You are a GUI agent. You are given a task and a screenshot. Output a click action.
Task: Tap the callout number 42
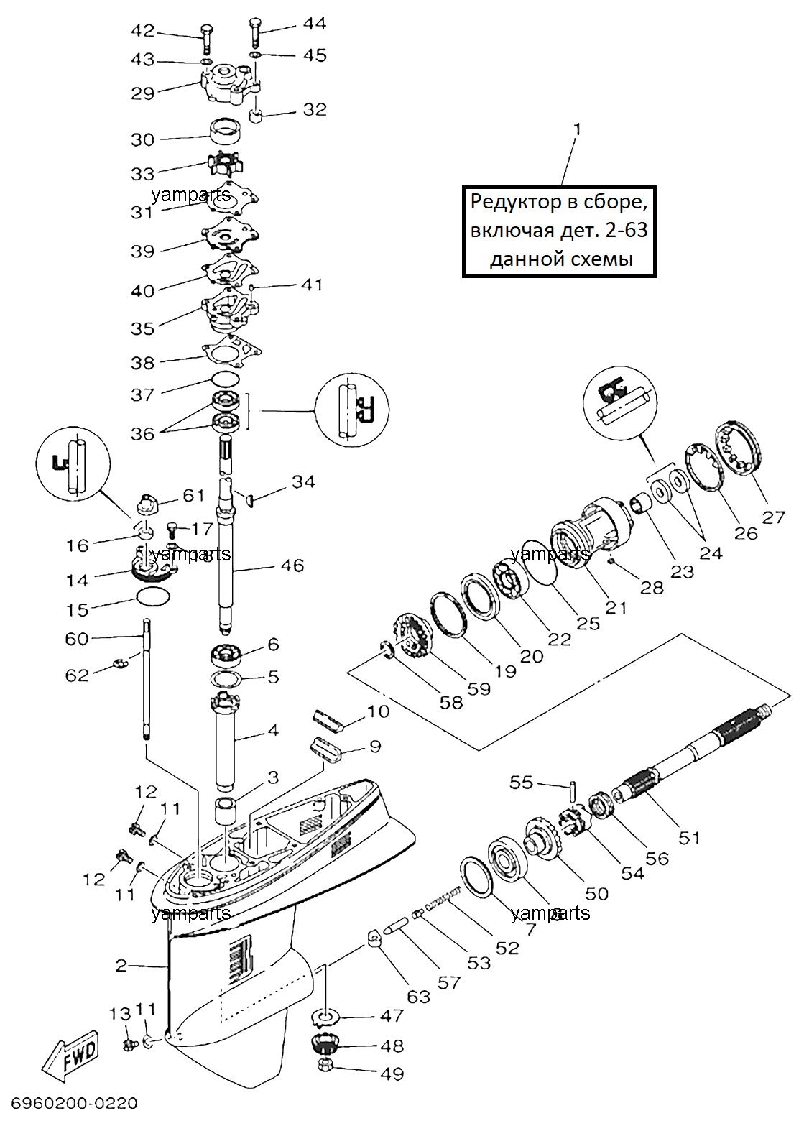pos(143,31)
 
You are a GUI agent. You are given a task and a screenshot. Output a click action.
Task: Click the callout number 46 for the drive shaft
pos(292,566)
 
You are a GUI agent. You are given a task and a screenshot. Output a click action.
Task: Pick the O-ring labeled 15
pos(153,597)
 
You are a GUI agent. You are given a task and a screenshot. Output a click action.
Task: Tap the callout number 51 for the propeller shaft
pos(689,837)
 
